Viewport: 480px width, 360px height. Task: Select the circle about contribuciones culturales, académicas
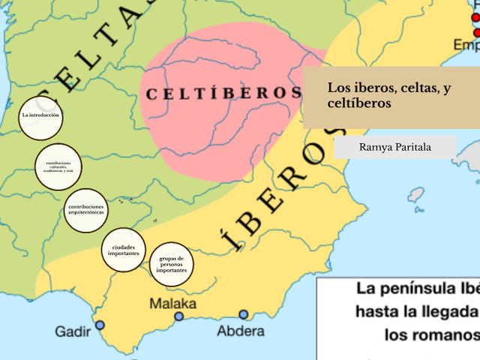[x=58, y=166]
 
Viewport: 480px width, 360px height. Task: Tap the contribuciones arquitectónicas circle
[x=86, y=210]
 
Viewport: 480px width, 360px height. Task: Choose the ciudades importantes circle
[x=124, y=250]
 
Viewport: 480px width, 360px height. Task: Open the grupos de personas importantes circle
[x=172, y=264]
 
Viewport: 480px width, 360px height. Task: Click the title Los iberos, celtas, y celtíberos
[x=389, y=95]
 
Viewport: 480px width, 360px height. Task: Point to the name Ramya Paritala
[x=395, y=147]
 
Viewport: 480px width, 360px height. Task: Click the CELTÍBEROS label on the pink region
[x=223, y=94]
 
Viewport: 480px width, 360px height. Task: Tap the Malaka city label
[x=173, y=304]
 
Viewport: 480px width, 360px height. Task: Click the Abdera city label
[x=241, y=331]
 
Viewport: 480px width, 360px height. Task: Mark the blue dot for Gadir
[x=99, y=325]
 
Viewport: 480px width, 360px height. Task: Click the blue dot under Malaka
[x=179, y=316]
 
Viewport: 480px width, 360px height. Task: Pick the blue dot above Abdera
[x=244, y=315]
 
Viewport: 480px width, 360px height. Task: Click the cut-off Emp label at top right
[x=466, y=45]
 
